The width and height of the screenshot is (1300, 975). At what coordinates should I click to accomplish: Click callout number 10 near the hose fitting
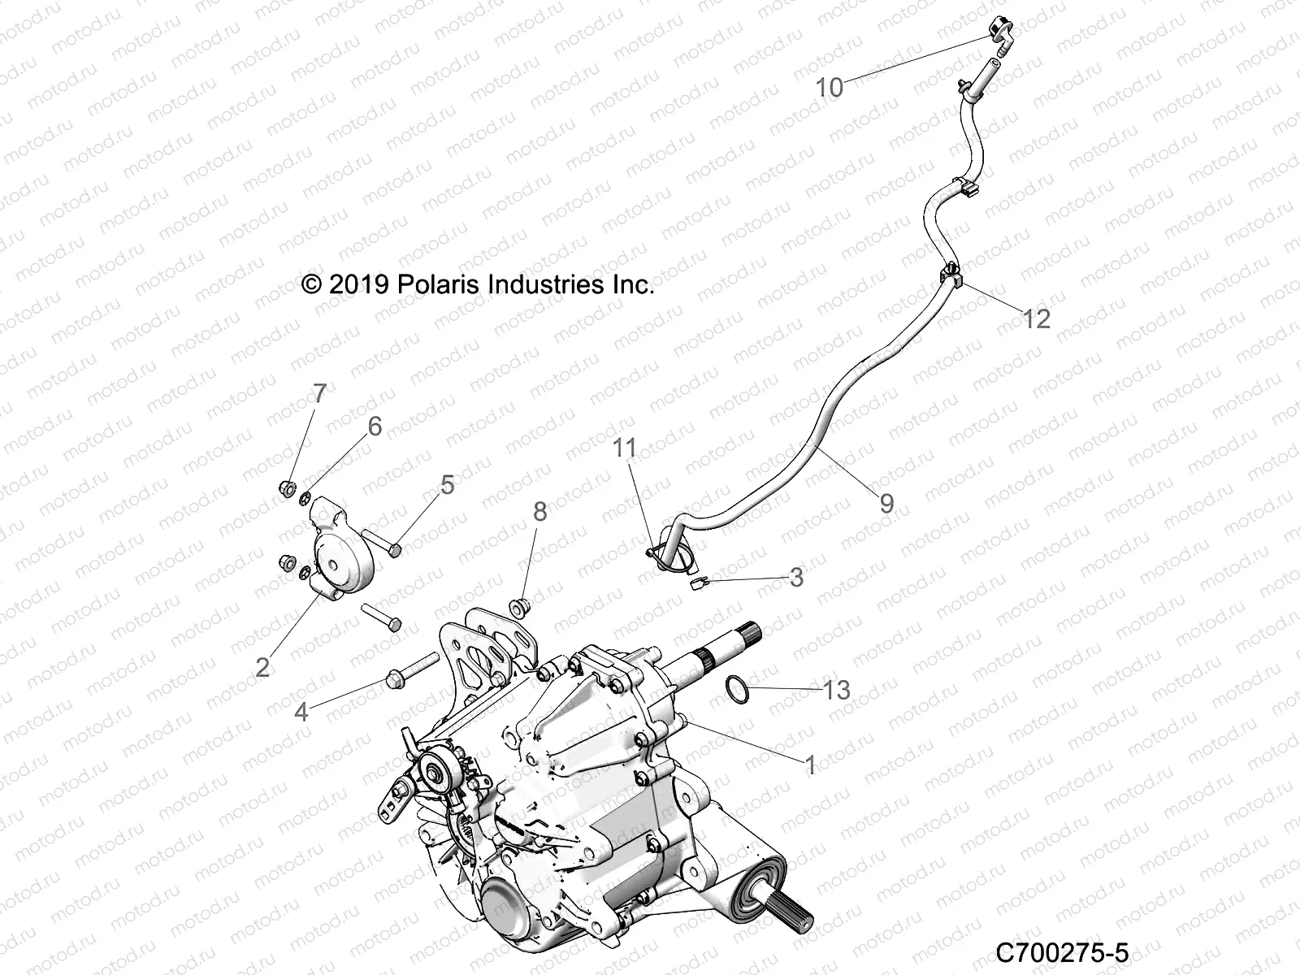point(830,87)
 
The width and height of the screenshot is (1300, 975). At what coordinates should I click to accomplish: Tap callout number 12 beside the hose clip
point(1036,318)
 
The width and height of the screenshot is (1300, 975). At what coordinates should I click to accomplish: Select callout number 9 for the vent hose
point(887,504)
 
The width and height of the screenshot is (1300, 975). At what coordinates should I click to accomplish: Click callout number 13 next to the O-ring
point(836,690)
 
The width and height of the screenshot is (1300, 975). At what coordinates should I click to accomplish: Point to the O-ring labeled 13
point(737,687)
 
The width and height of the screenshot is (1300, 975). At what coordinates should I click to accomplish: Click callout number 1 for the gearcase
point(809,765)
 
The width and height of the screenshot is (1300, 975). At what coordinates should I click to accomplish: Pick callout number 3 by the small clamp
point(796,577)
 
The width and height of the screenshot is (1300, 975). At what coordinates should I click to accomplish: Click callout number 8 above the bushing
point(540,512)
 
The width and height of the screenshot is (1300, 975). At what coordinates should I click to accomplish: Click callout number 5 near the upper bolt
point(447,485)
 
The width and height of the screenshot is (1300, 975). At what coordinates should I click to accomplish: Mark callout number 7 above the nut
point(319,393)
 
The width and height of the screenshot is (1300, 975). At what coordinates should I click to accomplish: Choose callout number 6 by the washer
point(375,427)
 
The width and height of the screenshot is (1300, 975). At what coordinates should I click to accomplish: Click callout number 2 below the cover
point(262,667)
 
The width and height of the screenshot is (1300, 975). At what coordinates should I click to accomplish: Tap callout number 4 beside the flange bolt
point(301,712)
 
